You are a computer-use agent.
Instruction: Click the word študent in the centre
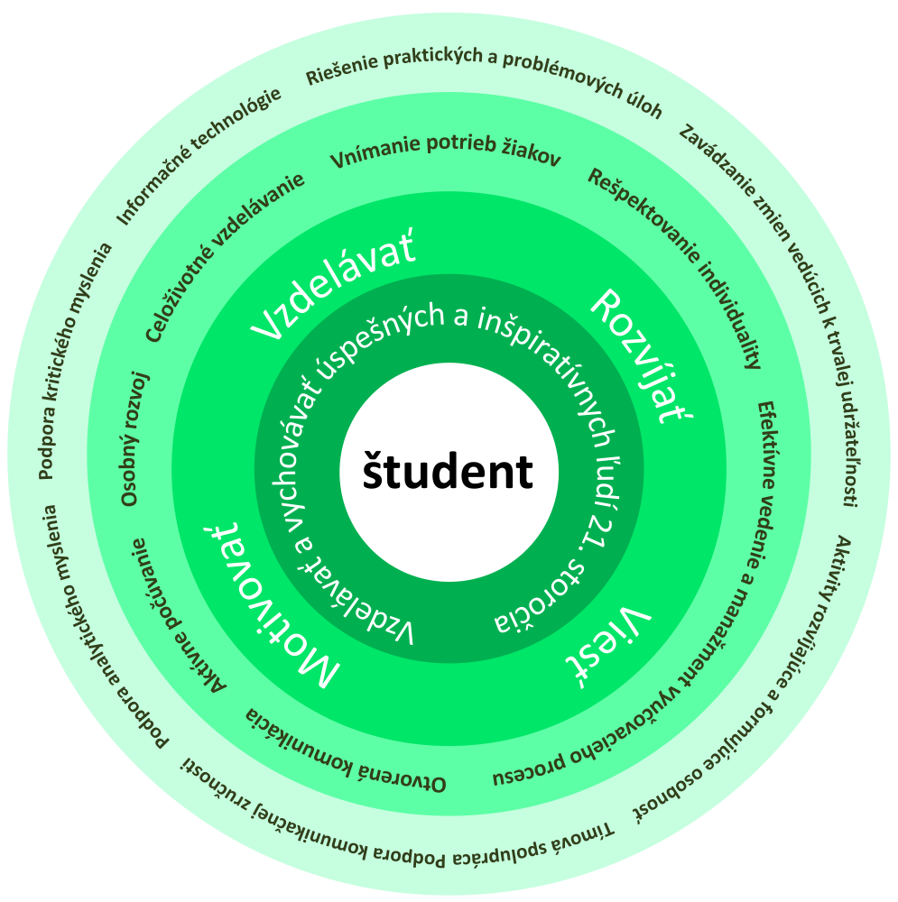pos(449,472)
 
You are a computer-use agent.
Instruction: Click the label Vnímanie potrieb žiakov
pos(446,155)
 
